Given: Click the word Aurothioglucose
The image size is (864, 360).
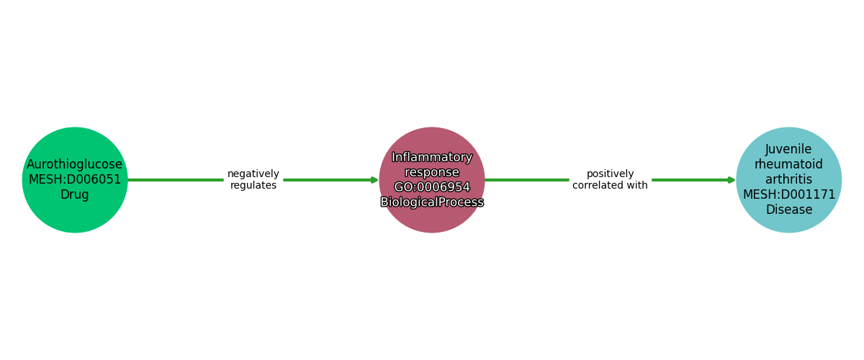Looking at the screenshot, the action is click(x=74, y=164).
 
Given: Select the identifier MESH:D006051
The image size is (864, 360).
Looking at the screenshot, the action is click(x=75, y=179).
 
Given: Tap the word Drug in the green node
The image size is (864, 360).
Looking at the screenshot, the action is click(x=75, y=194).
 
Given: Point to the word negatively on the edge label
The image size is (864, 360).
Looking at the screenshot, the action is click(x=253, y=174).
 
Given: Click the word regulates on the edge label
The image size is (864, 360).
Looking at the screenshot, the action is click(x=253, y=185).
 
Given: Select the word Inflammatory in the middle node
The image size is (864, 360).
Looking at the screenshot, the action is click(x=432, y=158).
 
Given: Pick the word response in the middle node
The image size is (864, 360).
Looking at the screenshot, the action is click(x=432, y=172).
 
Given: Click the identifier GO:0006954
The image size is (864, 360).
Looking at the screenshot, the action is click(x=432, y=187).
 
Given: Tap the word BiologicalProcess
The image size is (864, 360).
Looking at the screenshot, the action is click(x=432, y=202).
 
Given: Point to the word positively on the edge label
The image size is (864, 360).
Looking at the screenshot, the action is click(x=611, y=174).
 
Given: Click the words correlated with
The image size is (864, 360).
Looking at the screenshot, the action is click(x=611, y=185).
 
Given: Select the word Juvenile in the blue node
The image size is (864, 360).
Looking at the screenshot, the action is click(x=789, y=149).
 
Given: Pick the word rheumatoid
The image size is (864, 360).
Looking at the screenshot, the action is click(x=789, y=164).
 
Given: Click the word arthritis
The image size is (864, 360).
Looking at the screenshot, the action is click(x=789, y=179).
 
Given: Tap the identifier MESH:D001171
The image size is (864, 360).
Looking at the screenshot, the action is click(x=789, y=194).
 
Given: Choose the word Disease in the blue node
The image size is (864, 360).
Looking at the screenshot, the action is click(x=789, y=210).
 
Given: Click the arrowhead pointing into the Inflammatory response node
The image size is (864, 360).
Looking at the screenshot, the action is click(x=374, y=180).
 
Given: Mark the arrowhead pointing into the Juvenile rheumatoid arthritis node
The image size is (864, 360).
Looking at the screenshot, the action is click(x=732, y=180).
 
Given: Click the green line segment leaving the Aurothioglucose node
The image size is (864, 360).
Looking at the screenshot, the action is click(x=176, y=180).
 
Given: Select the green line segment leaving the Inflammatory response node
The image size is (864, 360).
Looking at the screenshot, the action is click(x=527, y=180).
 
